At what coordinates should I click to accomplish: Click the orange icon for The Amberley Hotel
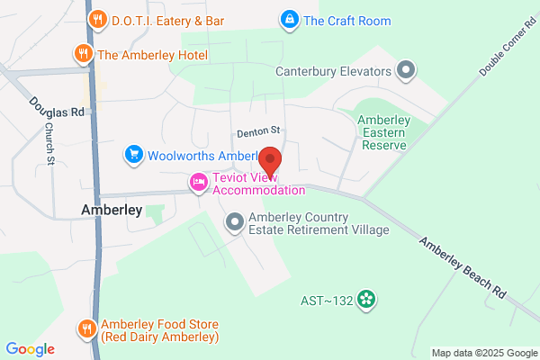(x=84, y=54)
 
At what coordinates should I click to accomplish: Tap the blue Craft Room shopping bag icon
(x=289, y=19)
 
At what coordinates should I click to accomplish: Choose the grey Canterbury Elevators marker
(x=406, y=70)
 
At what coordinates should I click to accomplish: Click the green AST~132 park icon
(x=365, y=299)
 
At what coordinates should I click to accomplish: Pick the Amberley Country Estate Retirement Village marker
(x=235, y=221)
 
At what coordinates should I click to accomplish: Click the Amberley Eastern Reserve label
(x=383, y=128)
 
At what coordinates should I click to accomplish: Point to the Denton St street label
(x=259, y=131)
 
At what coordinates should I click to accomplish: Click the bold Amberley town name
(x=112, y=210)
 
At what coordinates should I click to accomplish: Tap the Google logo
(x=30, y=349)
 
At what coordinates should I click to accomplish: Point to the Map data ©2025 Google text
(x=483, y=352)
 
